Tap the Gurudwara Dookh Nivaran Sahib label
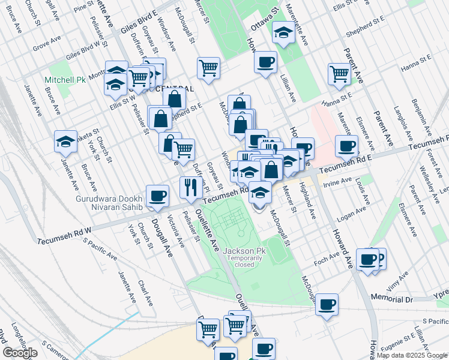pyautogui.click(x=110, y=203)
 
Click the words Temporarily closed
pyautogui.click(x=245, y=261)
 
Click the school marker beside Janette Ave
pyautogui.click(x=65, y=142)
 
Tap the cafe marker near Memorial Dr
pyautogui.click(x=327, y=304)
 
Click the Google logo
pyautogui.click(x=20, y=353)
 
